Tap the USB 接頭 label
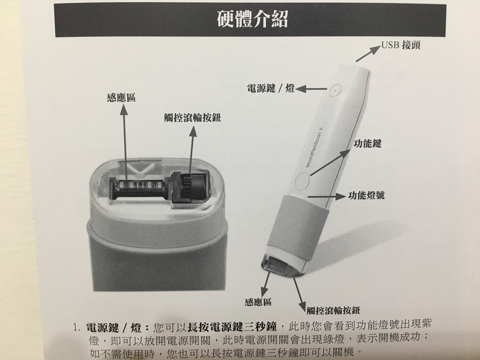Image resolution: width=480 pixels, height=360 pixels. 401,45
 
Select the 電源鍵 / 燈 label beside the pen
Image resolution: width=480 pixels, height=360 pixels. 271,89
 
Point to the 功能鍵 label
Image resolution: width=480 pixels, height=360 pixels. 367,143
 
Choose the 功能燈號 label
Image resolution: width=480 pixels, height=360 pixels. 366,195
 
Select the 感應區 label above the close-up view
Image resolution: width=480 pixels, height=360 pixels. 121,97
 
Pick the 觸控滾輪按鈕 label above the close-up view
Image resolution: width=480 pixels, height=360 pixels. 193,118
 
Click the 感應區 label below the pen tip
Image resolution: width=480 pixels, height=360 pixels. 258,302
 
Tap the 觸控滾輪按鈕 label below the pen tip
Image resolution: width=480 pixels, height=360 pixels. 333,311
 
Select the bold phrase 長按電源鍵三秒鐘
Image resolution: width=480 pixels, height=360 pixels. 232,327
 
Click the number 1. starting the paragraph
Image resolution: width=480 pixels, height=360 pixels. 76,328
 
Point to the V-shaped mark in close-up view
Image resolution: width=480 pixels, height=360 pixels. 141,169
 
